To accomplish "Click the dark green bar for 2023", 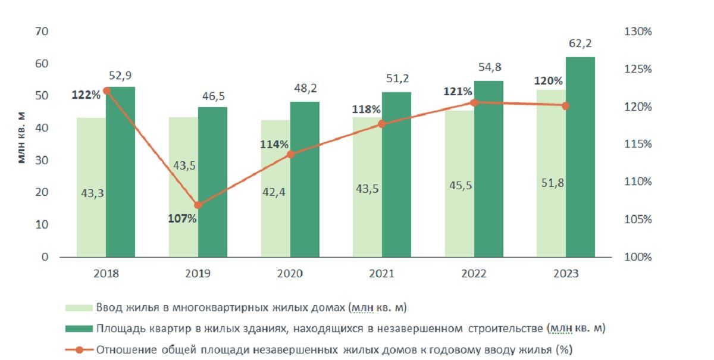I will click(581, 157).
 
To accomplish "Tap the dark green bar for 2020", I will click(305, 179).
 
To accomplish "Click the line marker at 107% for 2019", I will click(199, 205).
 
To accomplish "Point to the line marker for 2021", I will click(383, 124).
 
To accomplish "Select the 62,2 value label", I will click(580, 44).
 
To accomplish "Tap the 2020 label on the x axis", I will click(290, 274).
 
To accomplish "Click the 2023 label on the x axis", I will click(566, 274).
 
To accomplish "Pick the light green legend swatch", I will click(79, 308).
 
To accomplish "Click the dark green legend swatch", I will click(79, 328).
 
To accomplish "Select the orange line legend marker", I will click(79, 349).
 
